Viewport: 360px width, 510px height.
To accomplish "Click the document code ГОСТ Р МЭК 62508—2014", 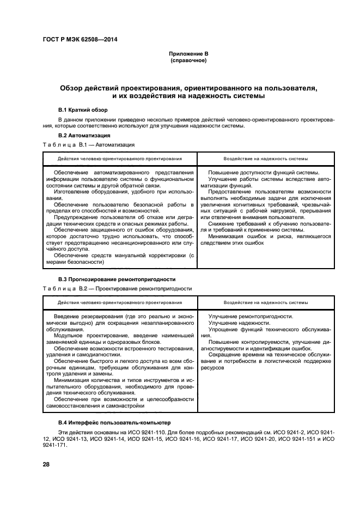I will pos(80,40).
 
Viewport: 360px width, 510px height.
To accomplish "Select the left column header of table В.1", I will pos(119,159).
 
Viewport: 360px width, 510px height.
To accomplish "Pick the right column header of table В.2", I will pos(265,302).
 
